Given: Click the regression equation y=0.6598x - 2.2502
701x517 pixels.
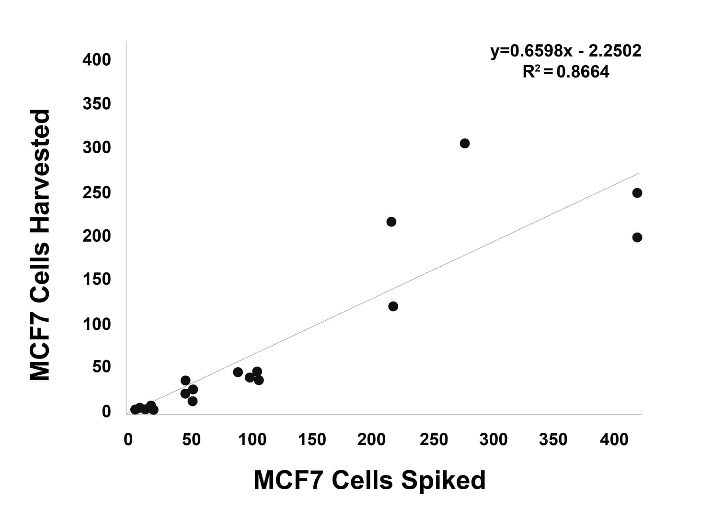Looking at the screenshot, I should coord(565,50).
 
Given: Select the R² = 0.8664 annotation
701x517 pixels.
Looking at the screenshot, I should coord(565,72).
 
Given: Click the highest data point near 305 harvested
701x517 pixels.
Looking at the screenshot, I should coord(464,143).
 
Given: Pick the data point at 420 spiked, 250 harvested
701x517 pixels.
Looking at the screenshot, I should coord(637,193).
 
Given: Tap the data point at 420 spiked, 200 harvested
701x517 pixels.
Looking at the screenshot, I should coord(637,237).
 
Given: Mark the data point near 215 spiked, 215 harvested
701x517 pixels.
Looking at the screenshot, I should coord(391,222).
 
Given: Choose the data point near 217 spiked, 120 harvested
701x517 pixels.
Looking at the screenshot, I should coord(393,306).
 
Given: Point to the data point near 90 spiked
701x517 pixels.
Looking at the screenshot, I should coord(238,372).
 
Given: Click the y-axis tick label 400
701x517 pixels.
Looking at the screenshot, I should coord(96,60).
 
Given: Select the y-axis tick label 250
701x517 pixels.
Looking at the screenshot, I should coord(96,192).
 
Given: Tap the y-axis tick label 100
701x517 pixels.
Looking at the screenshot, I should coord(96,324).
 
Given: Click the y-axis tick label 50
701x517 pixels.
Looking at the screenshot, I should coord(102,367).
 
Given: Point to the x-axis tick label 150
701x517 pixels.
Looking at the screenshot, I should coord(311,439).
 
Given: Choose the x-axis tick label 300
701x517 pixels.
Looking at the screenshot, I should coord(493,439).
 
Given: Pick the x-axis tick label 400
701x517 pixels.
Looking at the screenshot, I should coord(614,439).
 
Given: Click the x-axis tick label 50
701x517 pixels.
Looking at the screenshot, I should coord(191,439).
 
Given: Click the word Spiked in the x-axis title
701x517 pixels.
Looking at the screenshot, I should coord(443,480).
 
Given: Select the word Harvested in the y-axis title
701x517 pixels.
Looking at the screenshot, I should coord(40,171).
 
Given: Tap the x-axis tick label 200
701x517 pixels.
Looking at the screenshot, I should coord(371,439).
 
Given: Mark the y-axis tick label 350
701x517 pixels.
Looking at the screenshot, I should coord(96,103).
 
